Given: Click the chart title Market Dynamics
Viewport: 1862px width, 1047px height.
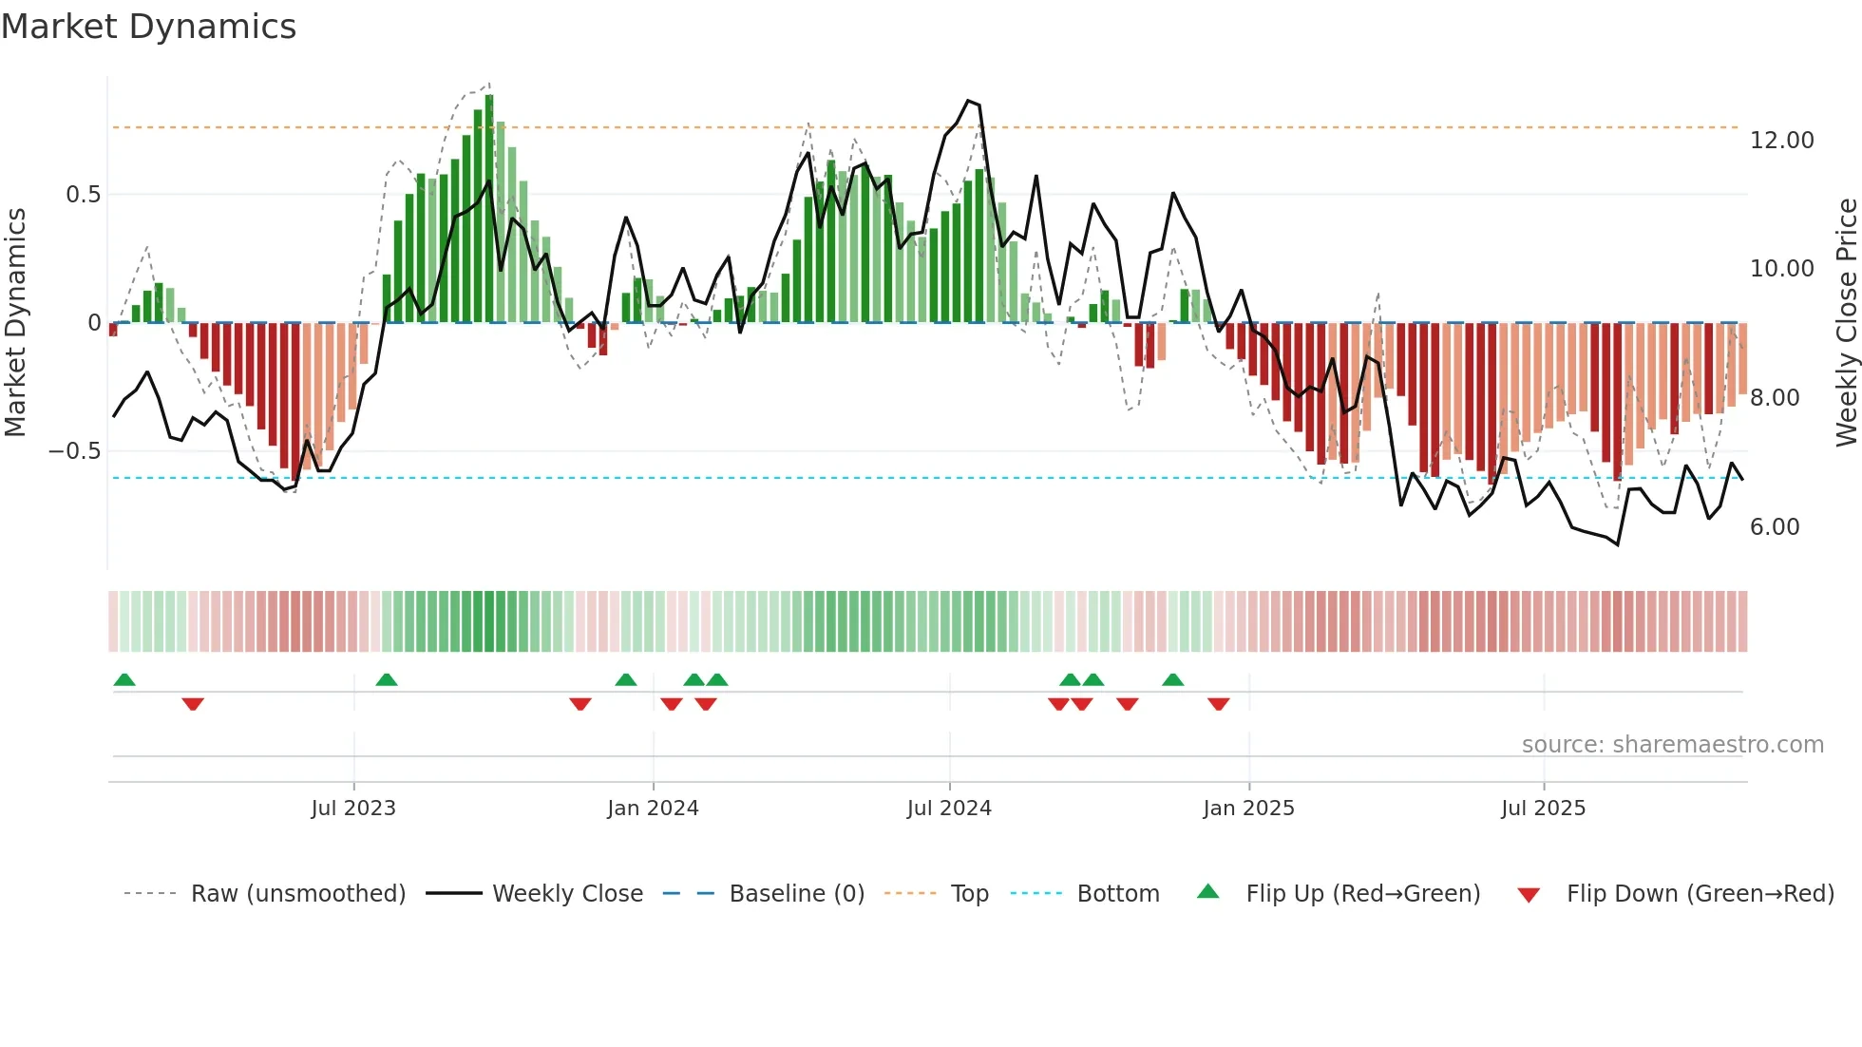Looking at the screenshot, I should (x=148, y=27).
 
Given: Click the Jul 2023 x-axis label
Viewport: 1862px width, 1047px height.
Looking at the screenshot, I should (x=352, y=809).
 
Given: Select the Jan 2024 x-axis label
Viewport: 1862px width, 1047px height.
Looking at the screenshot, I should (x=653, y=809).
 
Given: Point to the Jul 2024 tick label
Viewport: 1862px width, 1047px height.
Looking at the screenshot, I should (x=949, y=809).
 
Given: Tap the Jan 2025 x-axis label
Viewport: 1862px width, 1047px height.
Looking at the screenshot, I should (x=1248, y=809).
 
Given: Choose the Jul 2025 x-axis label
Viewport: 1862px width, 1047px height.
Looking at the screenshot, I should (x=1543, y=809).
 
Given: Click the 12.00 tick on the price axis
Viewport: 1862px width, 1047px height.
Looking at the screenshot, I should (x=1781, y=141).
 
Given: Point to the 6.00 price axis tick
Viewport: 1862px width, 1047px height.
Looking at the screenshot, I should (x=1774, y=527).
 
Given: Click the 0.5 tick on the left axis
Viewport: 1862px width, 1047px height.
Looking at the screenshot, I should (x=83, y=195).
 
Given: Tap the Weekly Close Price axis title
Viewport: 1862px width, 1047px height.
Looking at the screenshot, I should (x=1846, y=323).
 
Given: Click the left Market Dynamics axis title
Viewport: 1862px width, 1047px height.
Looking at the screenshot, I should (x=15, y=323).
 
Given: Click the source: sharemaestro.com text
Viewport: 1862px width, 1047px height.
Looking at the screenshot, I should (x=1672, y=745).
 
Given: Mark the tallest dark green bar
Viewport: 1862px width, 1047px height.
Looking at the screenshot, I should (x=489, y=209).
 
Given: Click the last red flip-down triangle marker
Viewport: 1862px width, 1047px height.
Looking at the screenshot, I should (x=1219, y=704).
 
